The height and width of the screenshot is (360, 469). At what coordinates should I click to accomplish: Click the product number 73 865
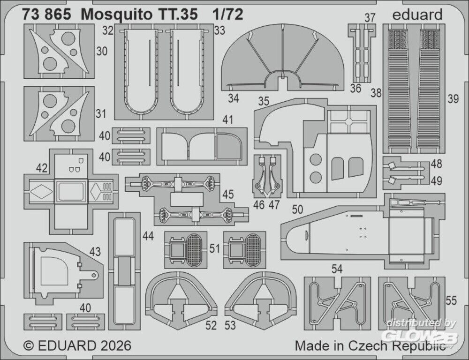(x=47, y=14)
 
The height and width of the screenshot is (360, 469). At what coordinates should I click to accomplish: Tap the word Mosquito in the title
(x=114, y=15)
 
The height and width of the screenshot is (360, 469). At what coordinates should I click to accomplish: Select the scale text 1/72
(x=227, y=14)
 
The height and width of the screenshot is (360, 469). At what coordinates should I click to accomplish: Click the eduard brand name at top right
(x=417, y=14)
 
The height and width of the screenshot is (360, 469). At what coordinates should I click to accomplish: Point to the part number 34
(x=233, y=98)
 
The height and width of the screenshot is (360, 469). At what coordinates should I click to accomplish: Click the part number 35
(x=264, y=101)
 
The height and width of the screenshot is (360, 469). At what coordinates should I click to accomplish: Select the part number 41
(x=227, y=120)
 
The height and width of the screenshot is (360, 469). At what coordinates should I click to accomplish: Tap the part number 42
(x=42, y=168)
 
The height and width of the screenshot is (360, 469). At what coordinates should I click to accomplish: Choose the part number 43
(x=95, y=252)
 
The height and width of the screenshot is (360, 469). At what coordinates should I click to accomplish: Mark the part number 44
(x=148, y=236)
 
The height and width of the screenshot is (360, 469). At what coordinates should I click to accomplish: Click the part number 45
(x=228, y=195)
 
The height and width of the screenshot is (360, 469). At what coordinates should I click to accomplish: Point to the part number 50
(x=297, y=210)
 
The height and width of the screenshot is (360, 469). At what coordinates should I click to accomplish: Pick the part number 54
(x=337, y=269)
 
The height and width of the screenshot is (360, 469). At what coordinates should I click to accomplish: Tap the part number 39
(x=453, y=98)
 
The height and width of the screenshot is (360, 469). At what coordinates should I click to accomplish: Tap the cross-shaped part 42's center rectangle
(x=71, y=192)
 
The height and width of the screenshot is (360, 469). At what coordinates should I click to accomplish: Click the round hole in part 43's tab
(x=94, y=275)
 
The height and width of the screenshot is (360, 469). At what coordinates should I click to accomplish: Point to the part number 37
(x=370, y=18)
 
